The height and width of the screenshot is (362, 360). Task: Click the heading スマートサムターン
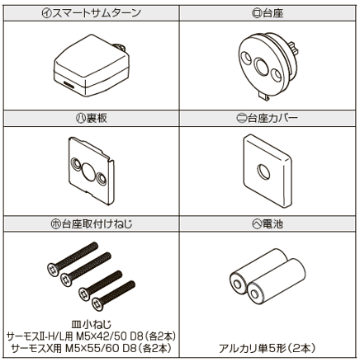(x=96, y=13)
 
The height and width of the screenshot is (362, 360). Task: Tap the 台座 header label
(x=272, y=13)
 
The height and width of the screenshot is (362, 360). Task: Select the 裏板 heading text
(x=97, y=119)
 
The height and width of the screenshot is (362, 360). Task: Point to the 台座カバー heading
(x=272, y=119)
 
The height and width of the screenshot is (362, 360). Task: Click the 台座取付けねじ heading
(x=97, y=224)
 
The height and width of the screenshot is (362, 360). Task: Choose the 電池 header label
(x=272, y=224)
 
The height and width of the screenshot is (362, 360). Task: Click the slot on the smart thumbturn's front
(x=69, y=84)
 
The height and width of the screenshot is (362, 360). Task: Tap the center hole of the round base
(x=261, y=66)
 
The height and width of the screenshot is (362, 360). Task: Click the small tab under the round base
(x=263, y=96)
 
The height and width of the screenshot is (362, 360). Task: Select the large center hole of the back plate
(x=88, y=172)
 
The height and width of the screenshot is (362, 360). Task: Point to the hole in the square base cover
(x=263, y=172)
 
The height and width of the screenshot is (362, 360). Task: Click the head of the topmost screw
(x=53, y=270)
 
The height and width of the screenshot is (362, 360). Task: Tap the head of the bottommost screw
(x=97, y=304)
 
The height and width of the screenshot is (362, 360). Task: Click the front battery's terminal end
(x=255, y=294)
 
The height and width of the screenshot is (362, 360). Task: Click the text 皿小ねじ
(x=91, y=325)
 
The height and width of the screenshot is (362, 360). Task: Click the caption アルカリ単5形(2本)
(x=267, y=349)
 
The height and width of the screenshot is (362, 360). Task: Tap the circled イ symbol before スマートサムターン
(x=46, y=13)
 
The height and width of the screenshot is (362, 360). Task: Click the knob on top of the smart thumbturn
(x=120, y=47)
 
